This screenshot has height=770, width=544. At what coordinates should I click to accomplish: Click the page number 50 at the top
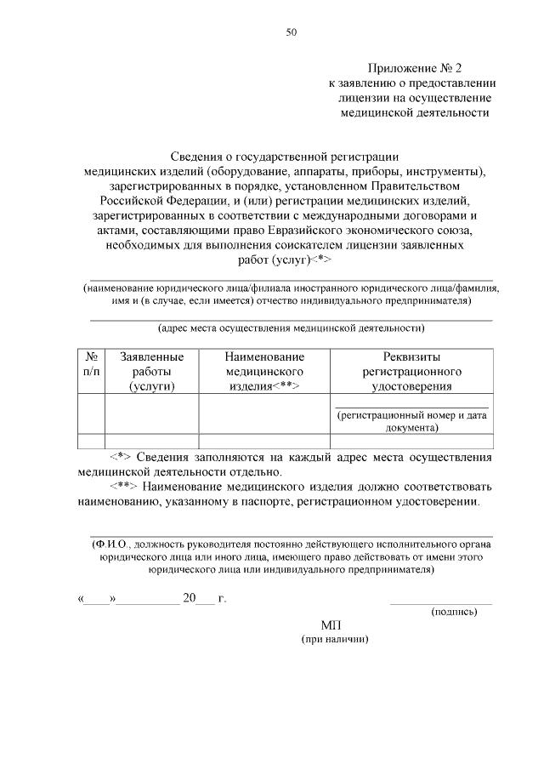(291, 32)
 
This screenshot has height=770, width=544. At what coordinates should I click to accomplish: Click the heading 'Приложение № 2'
(414, 67)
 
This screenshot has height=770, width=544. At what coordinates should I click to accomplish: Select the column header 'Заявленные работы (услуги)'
(152, 372)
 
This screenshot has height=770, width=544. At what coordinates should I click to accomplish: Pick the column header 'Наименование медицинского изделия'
(264, 372)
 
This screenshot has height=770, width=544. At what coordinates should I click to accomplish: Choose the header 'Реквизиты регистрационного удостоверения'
(411, 372)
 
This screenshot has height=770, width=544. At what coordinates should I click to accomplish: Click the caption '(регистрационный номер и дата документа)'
(411, 422)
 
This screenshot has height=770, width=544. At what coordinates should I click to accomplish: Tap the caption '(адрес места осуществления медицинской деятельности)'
(291, 328)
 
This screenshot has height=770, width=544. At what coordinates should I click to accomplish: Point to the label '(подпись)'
(459, 611)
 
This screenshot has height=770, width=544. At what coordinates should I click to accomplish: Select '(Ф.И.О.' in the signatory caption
(111, 544)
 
